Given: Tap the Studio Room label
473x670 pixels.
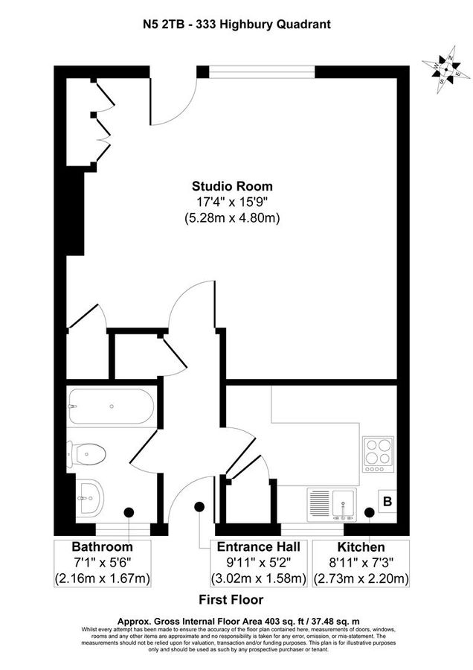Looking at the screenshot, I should pos(232,186).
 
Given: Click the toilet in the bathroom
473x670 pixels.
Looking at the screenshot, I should pos(87,453).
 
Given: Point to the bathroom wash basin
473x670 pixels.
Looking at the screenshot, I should pos(90,495).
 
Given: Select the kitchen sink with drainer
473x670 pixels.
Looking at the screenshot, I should pos(332,502).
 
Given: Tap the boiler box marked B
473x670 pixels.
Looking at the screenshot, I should pos(387,502).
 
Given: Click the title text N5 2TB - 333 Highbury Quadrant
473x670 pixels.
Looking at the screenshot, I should pos(236,25).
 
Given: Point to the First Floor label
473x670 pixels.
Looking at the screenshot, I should pos(231,599).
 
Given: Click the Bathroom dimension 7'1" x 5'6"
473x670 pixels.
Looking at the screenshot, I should pos(103,563).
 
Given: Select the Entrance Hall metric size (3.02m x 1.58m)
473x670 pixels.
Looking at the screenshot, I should pos(258,578).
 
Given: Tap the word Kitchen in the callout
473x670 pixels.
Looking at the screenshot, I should pos(361,547).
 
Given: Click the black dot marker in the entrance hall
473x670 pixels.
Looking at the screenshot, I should pos(199,506).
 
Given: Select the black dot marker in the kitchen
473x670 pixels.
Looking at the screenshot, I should pos(370,512).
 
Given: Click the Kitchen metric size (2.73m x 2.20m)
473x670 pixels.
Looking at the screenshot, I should pos(361,578).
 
